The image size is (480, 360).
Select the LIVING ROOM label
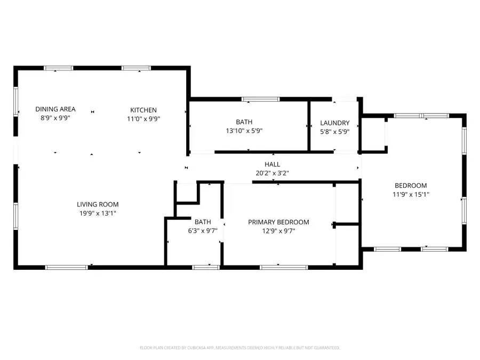click(x=98, y=204)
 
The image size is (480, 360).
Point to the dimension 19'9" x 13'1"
click(x=98, y=213)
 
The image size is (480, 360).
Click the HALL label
click(x=272, y=164)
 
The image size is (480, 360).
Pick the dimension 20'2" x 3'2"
click(x=272, y=173)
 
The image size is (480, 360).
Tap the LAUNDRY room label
click(x=334, y=123)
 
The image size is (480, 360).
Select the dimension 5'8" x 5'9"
click(x=334, y=131)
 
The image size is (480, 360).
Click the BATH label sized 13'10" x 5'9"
click(x=244, y=122)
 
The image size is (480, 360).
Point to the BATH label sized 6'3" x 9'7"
click(x=203, y=222)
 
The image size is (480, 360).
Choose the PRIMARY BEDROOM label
click(x=278, y=222)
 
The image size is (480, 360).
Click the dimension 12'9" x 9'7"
click(x=278, y=231)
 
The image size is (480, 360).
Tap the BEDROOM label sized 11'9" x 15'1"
click(x=410, y=186)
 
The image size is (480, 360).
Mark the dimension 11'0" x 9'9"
click(x=143, y=119)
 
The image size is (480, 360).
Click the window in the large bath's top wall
click(x=261, y=99)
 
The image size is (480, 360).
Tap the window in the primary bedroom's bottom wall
click(x=276, y=266)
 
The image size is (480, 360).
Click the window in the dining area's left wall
click(x=16, y=101)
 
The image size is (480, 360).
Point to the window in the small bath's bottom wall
click(x=206, y=266)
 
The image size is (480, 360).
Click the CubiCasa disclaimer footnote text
click(x=239, y=348)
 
